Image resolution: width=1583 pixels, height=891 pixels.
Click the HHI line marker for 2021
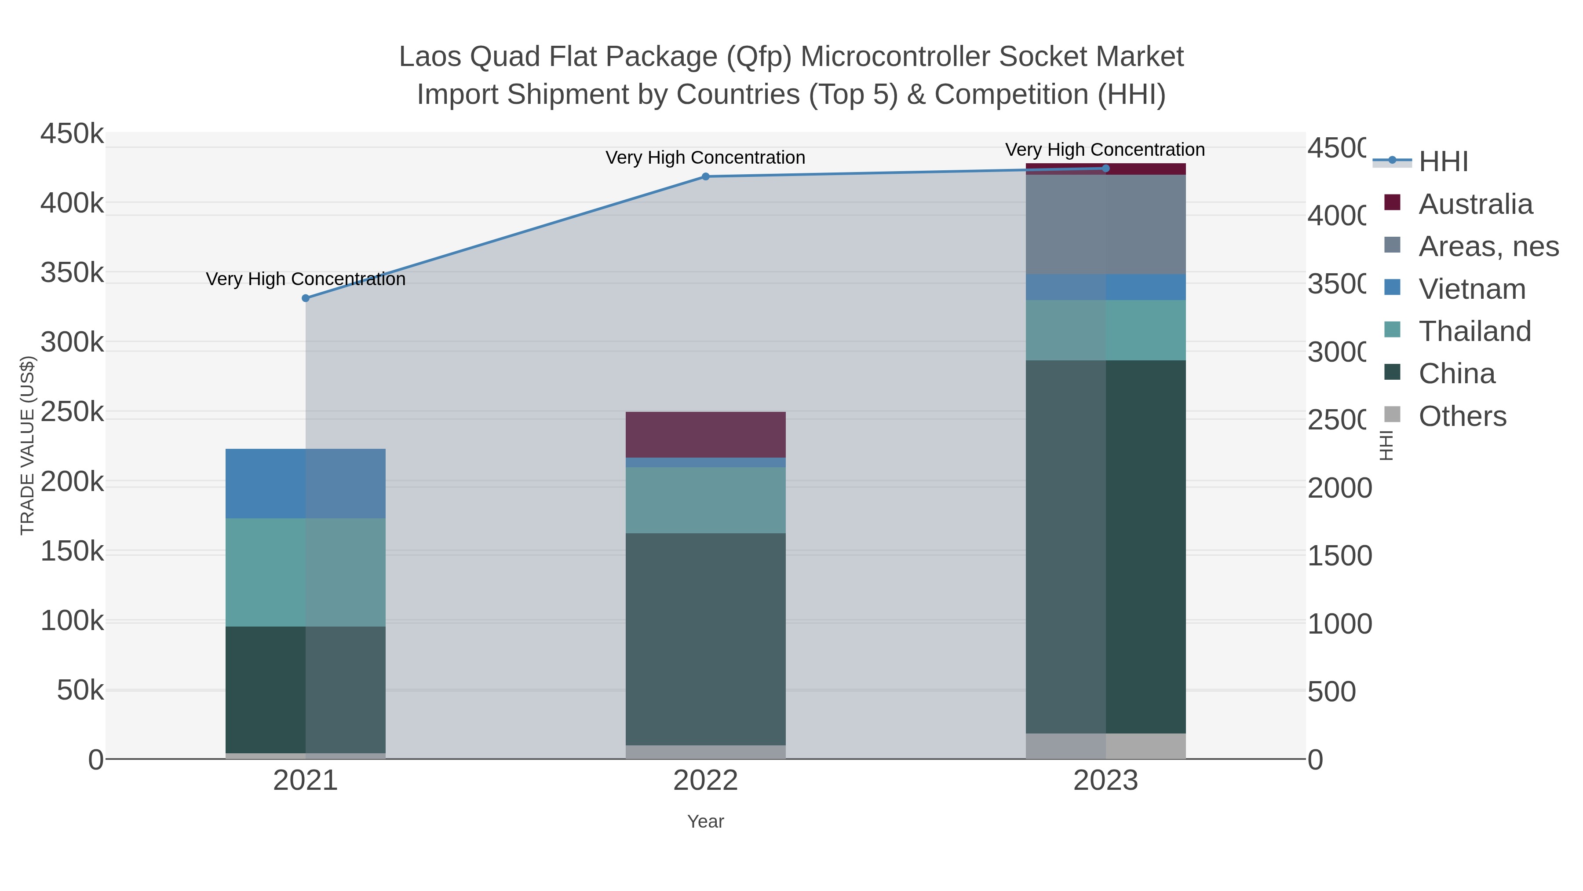[x=306, y=298]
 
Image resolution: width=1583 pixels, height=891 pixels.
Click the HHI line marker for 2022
[x=705, y=176]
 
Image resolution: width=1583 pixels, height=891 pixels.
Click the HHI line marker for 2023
[x=1105, y=169]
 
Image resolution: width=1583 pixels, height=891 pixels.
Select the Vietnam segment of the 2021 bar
[x=306, y=483]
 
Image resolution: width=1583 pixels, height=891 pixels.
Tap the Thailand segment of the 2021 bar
[x=306, y=572]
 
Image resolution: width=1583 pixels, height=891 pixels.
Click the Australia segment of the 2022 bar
[x=705, y=434]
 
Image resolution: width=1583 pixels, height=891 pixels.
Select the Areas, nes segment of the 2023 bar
[x=1105, y=224]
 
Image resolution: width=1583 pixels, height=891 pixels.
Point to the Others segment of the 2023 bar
[x=1105, y=745]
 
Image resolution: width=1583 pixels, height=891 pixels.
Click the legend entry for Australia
[x=1475, y=204]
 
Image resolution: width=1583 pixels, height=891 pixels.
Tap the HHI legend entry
[x=1443, y=162]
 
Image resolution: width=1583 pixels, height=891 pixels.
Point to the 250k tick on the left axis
[x=72, y=412]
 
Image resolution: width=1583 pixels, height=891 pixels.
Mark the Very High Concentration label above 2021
[x=306, y=279]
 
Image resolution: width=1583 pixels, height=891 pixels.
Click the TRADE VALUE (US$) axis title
[x=28, y=445]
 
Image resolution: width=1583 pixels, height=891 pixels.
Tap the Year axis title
[x=705, y=821]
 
